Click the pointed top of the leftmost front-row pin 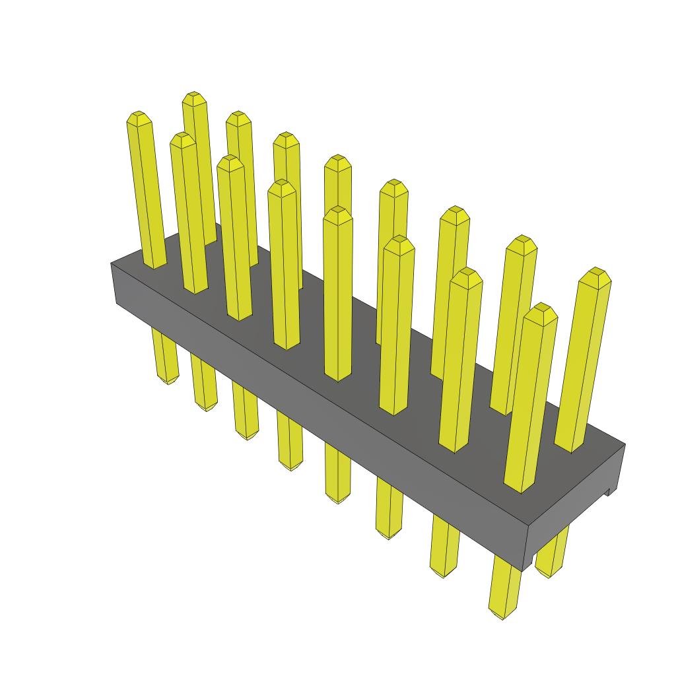click(137, 118)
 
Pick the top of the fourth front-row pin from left click(282, 186)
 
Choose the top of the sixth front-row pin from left click(399, 242)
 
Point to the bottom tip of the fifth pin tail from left click(337, 500)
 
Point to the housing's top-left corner click(111, 263)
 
